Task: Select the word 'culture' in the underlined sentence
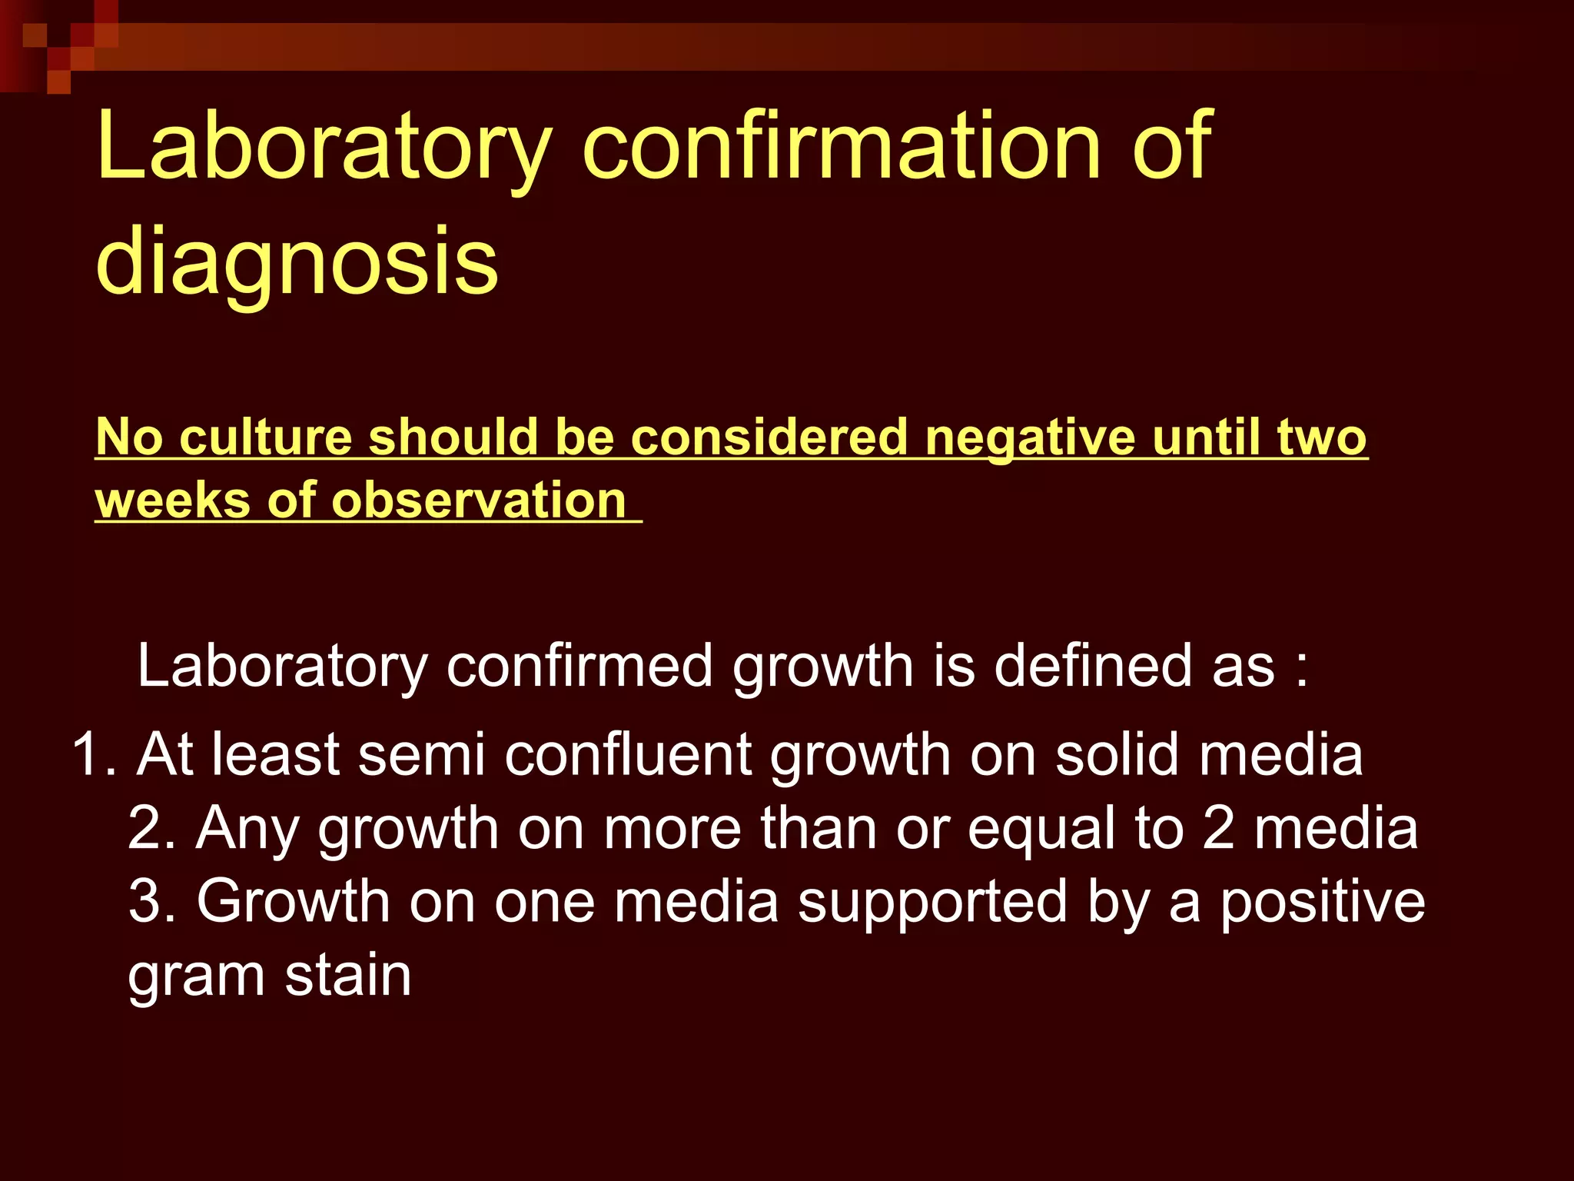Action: pyautogui.click(x=265, y=437)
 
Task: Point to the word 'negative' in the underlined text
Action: pyautogui.click(x=1030, y=437)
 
